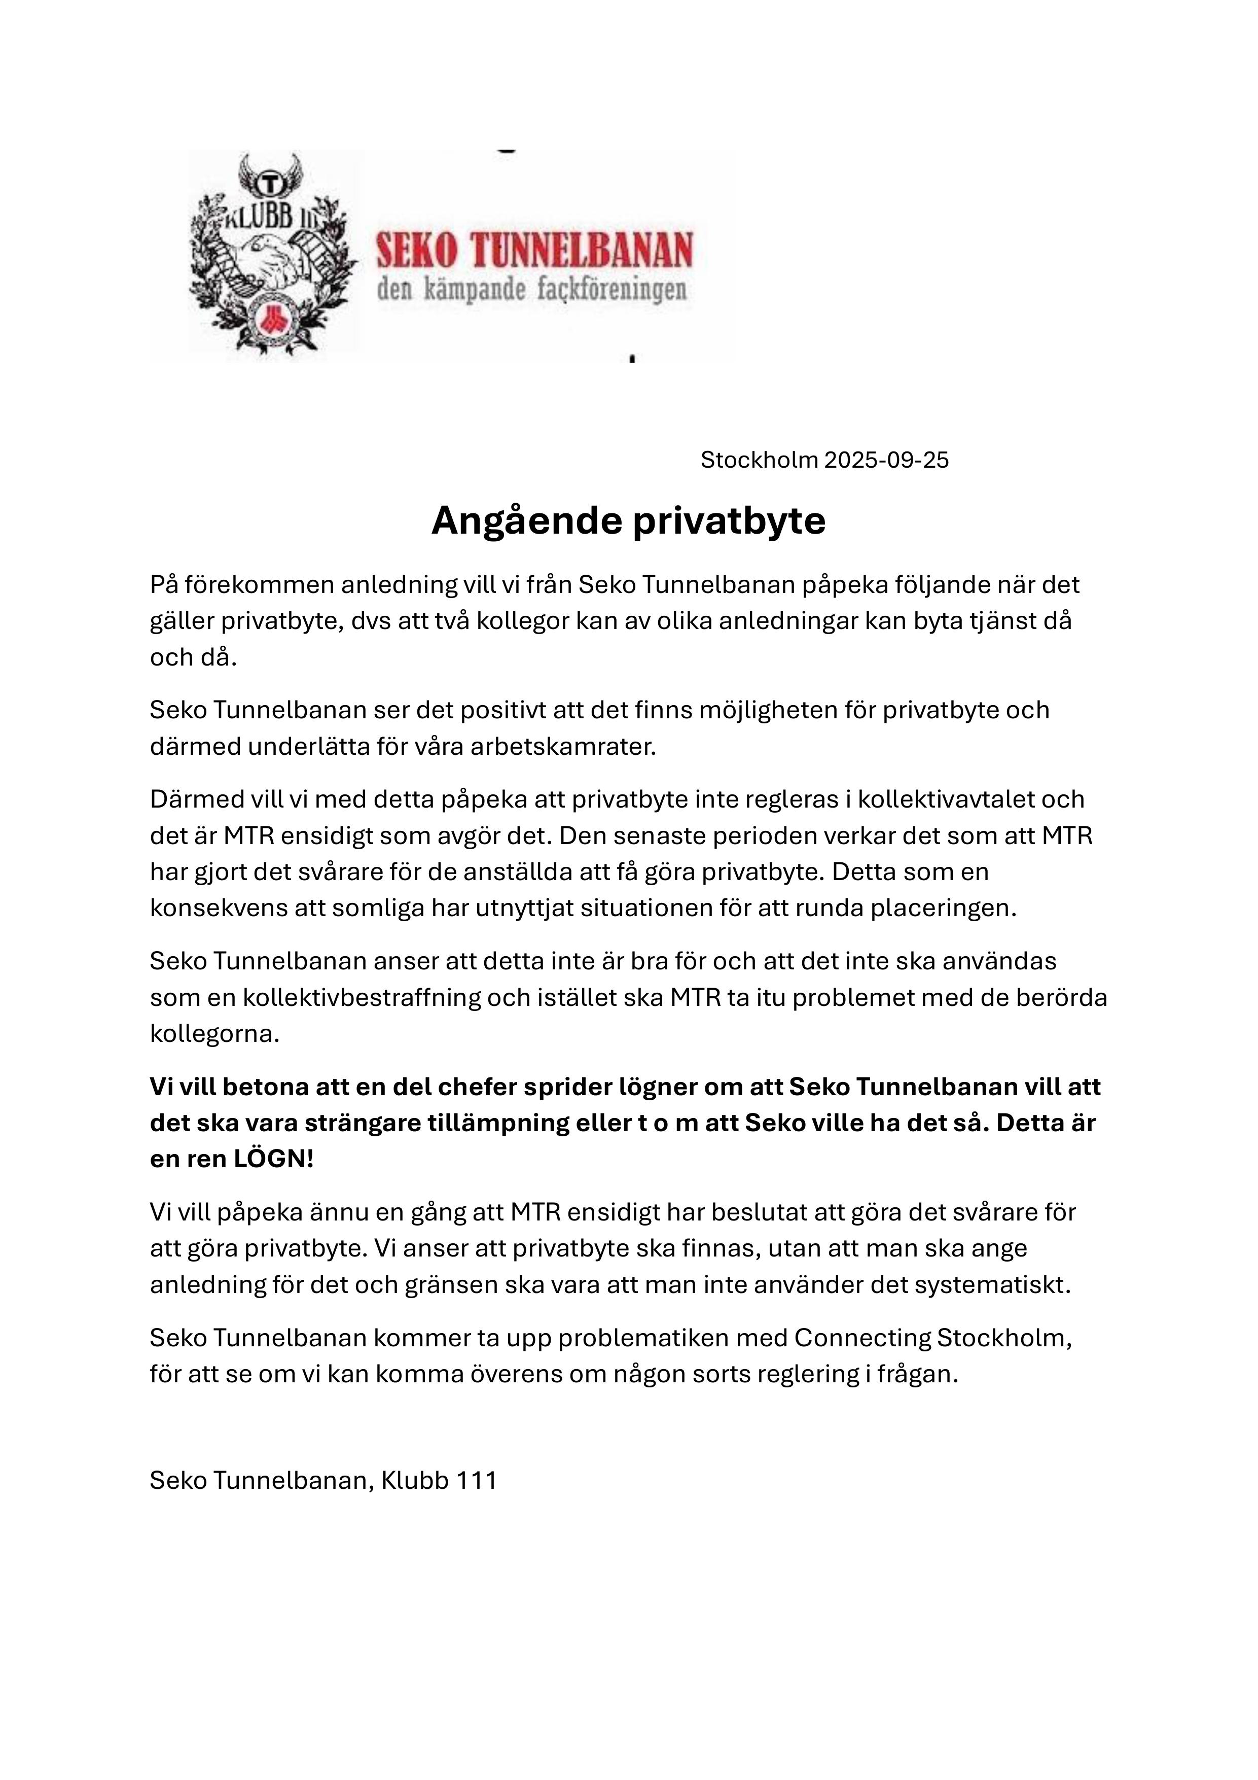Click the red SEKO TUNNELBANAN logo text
(x=534, y=251)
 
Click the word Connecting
(x=862, y=1338)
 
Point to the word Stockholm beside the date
(x=759, y=461)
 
